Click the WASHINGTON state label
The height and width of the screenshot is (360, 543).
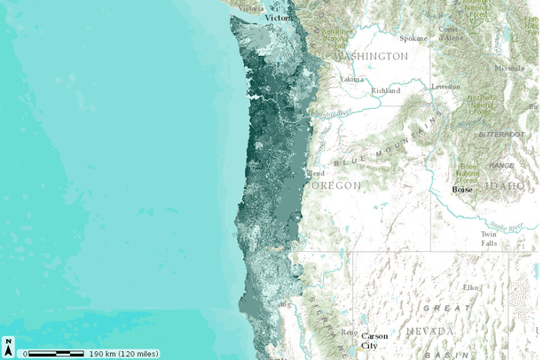tap(372, 56)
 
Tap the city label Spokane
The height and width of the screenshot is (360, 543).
tap(413, 39)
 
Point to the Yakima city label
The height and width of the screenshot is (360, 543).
tap(351, 79)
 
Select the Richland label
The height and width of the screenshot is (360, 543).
tap(386, 90)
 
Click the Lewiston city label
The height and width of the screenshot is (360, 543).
tap(445, 87)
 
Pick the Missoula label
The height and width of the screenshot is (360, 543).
tap(509, 67)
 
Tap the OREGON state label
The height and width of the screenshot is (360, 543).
tap(336, 186)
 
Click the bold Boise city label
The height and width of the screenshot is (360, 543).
tap(462, 189)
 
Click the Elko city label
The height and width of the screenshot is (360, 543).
tap(470, 287)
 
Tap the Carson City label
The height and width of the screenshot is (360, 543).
tap(374, 340)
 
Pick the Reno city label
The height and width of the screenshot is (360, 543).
tap(350, 333)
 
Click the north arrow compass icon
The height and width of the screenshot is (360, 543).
tap(8, 346)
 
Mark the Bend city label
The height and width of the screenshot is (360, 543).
tap(316, 173)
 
